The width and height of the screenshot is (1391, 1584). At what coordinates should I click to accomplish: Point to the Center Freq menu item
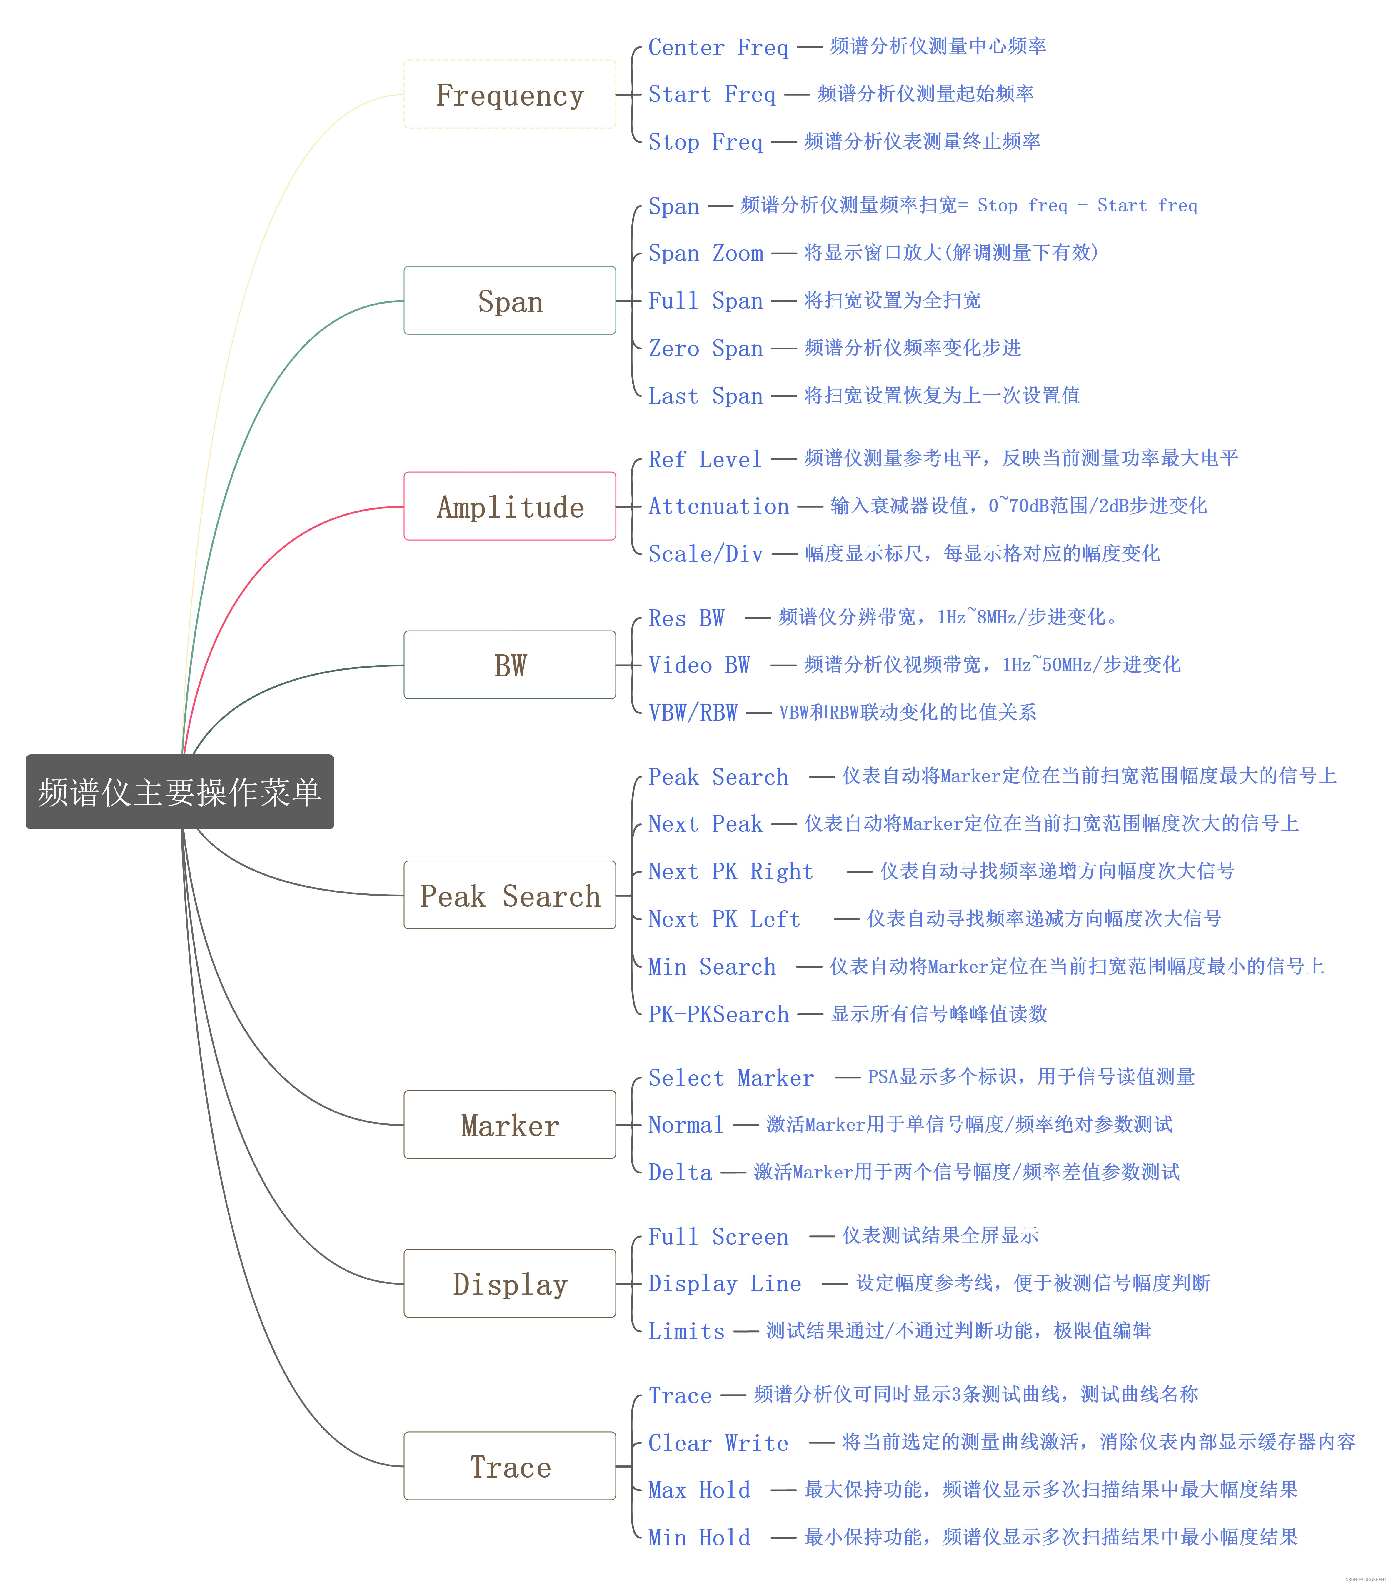(x=718, y=47)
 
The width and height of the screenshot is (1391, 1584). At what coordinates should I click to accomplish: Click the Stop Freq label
(x=705, y=142)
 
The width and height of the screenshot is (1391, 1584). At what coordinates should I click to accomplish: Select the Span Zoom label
(x=705, y=254)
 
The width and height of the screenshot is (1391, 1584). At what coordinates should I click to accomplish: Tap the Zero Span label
(x=705, y=348)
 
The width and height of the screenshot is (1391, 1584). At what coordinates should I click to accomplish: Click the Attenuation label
(x=718, y=506)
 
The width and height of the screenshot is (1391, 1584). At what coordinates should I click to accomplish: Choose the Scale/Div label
(x=705, y=553)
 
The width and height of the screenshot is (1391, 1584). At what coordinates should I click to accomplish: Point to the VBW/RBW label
(x=693, y=712)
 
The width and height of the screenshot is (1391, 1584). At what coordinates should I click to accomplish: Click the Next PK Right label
(x=730, y=871)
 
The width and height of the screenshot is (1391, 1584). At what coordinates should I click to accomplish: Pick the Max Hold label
(x=699, y=1490)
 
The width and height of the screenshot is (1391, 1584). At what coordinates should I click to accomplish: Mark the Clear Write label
(x=718, y=1442)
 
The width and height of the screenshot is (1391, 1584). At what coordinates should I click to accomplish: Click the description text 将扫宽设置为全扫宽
(x=892, y=300)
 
